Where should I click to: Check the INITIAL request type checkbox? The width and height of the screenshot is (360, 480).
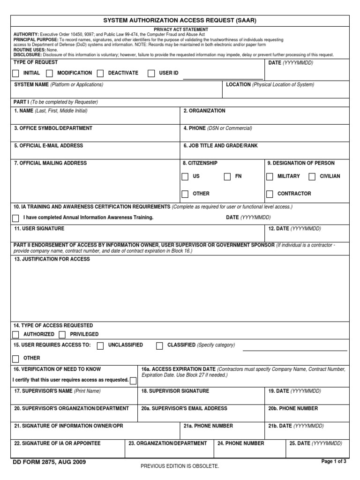(15, 73)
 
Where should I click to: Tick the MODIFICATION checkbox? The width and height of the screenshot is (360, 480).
(49, 73)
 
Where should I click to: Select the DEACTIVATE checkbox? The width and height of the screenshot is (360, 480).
(100, 73)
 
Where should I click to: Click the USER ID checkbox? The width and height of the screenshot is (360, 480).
(151, 73)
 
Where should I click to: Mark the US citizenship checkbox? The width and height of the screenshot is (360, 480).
(185, 177)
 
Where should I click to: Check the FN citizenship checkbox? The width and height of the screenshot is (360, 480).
(227, 177)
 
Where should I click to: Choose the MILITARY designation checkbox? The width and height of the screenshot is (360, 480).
(270, 177)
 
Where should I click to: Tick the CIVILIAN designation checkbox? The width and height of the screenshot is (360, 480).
(312, 177)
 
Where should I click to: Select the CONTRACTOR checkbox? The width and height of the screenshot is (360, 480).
(270, 194)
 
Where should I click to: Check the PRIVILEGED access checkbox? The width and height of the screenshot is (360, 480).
(62, 334)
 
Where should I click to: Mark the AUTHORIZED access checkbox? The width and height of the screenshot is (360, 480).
(15, 334)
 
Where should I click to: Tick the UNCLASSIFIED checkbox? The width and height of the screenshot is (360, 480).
(100, 345)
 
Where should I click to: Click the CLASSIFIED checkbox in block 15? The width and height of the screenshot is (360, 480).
(159, 345)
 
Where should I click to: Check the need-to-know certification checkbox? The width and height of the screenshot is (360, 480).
(133, 380)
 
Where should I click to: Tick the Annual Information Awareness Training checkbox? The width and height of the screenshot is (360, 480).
(15, 218)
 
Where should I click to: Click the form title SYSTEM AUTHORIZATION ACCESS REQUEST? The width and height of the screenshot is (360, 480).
(180, 21)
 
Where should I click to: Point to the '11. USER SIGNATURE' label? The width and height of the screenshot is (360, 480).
(39, 228)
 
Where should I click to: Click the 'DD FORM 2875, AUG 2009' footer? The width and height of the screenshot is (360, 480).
(50, 462)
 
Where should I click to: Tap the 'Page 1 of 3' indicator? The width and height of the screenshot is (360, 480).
(334, 461)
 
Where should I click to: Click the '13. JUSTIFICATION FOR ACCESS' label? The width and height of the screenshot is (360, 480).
(52, 259)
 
